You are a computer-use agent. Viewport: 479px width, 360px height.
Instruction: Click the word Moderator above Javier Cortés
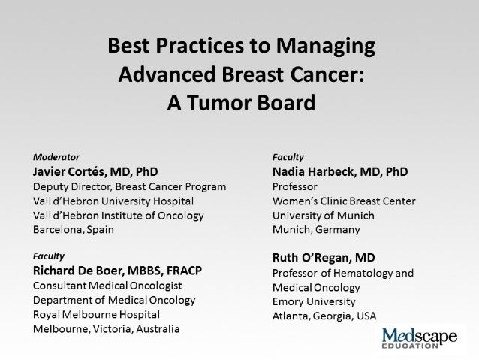point(56,158)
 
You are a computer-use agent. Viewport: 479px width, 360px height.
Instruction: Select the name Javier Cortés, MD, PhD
point(95,171)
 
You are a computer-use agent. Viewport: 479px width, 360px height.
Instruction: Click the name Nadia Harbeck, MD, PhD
point(340,171)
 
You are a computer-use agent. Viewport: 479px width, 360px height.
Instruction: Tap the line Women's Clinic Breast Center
point(344,201)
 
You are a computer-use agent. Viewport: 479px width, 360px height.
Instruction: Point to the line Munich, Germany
point(316,229)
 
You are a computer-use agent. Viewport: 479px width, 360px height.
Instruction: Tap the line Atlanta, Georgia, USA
point(324,316)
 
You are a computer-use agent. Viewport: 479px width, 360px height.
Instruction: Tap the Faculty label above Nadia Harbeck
point(288,158)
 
